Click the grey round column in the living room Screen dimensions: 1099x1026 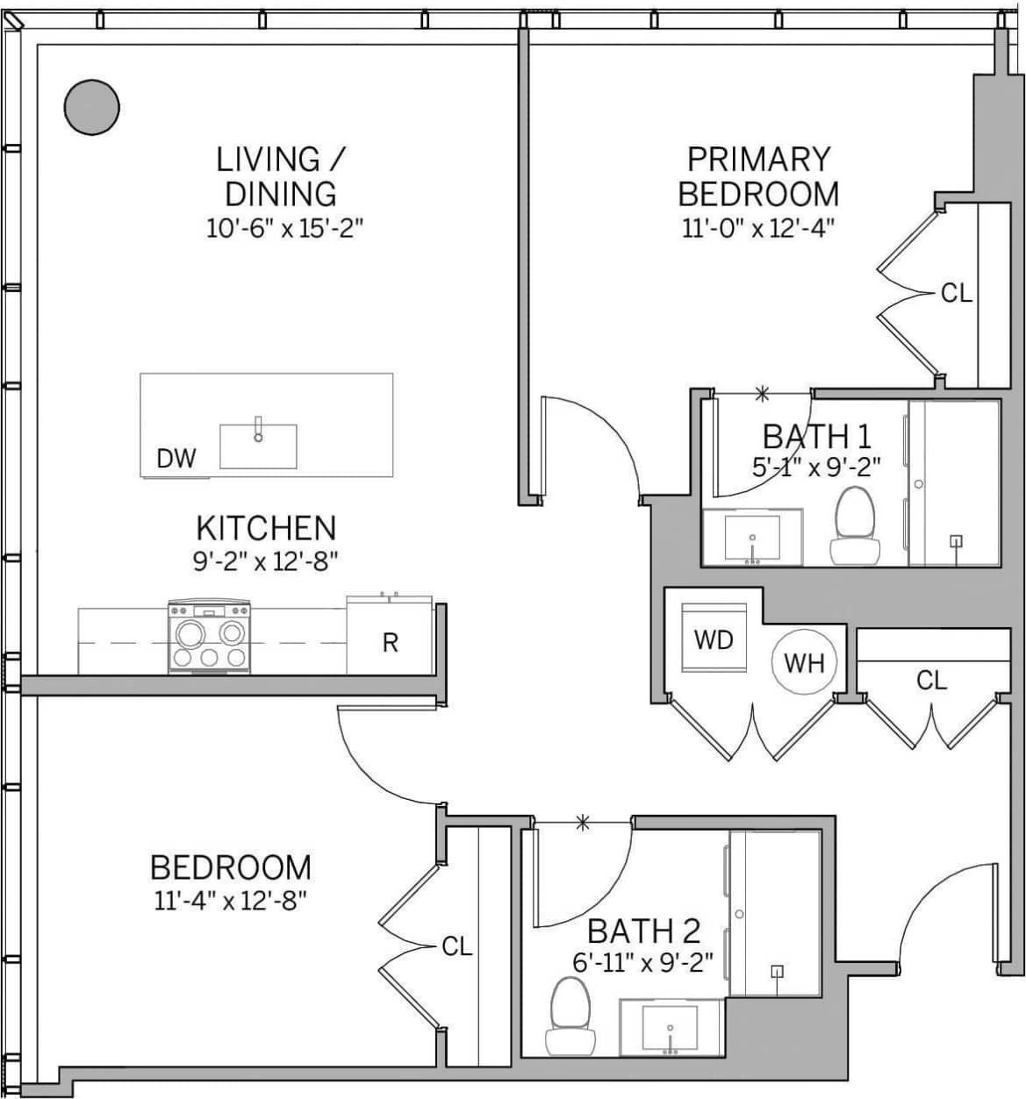coord(91,107)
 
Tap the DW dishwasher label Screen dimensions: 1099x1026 coord(176,458)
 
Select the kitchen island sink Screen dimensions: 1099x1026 coord(258,446)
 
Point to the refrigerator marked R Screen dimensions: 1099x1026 coord(390,643)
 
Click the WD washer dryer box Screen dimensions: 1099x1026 coord(714,639)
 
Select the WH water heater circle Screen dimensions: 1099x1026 coord(804,662)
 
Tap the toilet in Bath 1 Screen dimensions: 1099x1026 coord(854,525)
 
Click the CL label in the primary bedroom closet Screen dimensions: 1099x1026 coord(956,293)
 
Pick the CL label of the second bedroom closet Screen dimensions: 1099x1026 coord(456,946)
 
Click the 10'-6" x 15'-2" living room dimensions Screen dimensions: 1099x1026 coord(284,228)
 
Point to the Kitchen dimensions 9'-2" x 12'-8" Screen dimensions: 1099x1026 coord(266,560)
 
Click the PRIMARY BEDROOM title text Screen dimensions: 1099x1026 coord(758,176)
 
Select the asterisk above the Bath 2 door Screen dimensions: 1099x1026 coord(582,822)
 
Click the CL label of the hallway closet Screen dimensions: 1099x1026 coord(931,680)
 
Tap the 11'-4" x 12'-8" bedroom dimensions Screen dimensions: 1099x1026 coord(231,900)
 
